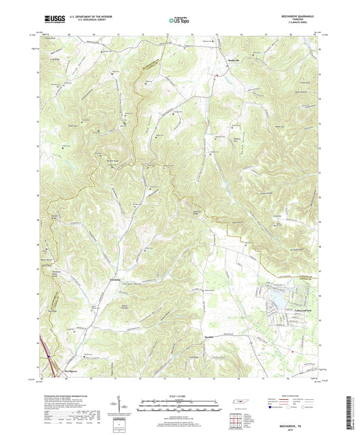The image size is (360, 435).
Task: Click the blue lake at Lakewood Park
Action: point(278,296)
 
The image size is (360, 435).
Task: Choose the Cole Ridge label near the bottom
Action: point(192,356)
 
